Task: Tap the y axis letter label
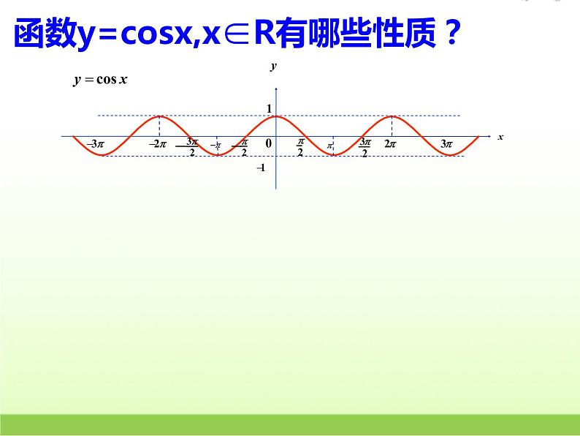(x=273, y=67)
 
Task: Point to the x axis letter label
(x=500, y=137)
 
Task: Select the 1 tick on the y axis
(x=269, y=109)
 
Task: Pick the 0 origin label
(x=268, y=144)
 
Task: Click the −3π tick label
(x=96, y=145)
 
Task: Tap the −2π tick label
(x=159, y=145)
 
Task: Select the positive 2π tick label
(x=390, y=145)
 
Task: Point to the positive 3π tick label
(x=446, y=145)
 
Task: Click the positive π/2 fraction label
(x=300, y=147)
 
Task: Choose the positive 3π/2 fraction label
(x=365, y=147)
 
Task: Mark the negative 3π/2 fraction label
(x=191, y=147)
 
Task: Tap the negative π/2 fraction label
(x=243, y=147)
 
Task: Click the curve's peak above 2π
(x=392, y=116)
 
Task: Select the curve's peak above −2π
(x=160, y=116)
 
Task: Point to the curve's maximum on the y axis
(x=276, y=116)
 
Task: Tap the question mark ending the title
(x=450, y=34)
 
